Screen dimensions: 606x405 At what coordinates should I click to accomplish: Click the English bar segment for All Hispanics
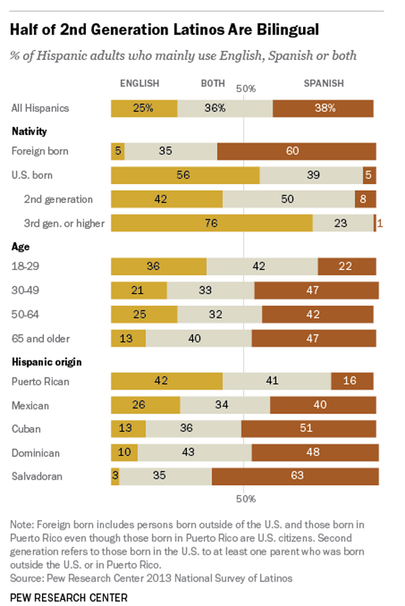(144, 108)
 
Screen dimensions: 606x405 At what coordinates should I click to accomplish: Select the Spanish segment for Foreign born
(296, 151)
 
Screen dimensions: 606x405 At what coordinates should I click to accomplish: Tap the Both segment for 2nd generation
(288, 199)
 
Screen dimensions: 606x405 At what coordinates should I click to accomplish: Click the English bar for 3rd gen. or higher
(211, 223)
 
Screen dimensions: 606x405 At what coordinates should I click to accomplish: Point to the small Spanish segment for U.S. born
(369, 175)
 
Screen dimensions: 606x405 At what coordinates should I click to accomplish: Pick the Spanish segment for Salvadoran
(295, 476)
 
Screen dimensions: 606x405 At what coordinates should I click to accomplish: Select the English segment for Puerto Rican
(167, 381)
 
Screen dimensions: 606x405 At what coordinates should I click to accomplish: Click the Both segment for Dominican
(194, 452)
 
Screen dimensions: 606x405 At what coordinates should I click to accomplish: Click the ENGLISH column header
(140, 84)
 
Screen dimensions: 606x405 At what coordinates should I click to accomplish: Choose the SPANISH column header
(323, 84)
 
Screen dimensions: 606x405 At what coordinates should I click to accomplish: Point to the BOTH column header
(213, 84)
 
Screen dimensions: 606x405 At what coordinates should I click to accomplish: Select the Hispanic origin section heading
(47, 362)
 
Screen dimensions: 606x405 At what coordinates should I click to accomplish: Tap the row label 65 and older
(40, 338)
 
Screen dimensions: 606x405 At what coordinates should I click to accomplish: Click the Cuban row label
(26, 429)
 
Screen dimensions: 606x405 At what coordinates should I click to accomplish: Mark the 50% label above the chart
(246, 88)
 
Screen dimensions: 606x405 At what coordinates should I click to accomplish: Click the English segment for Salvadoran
(115, 476)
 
